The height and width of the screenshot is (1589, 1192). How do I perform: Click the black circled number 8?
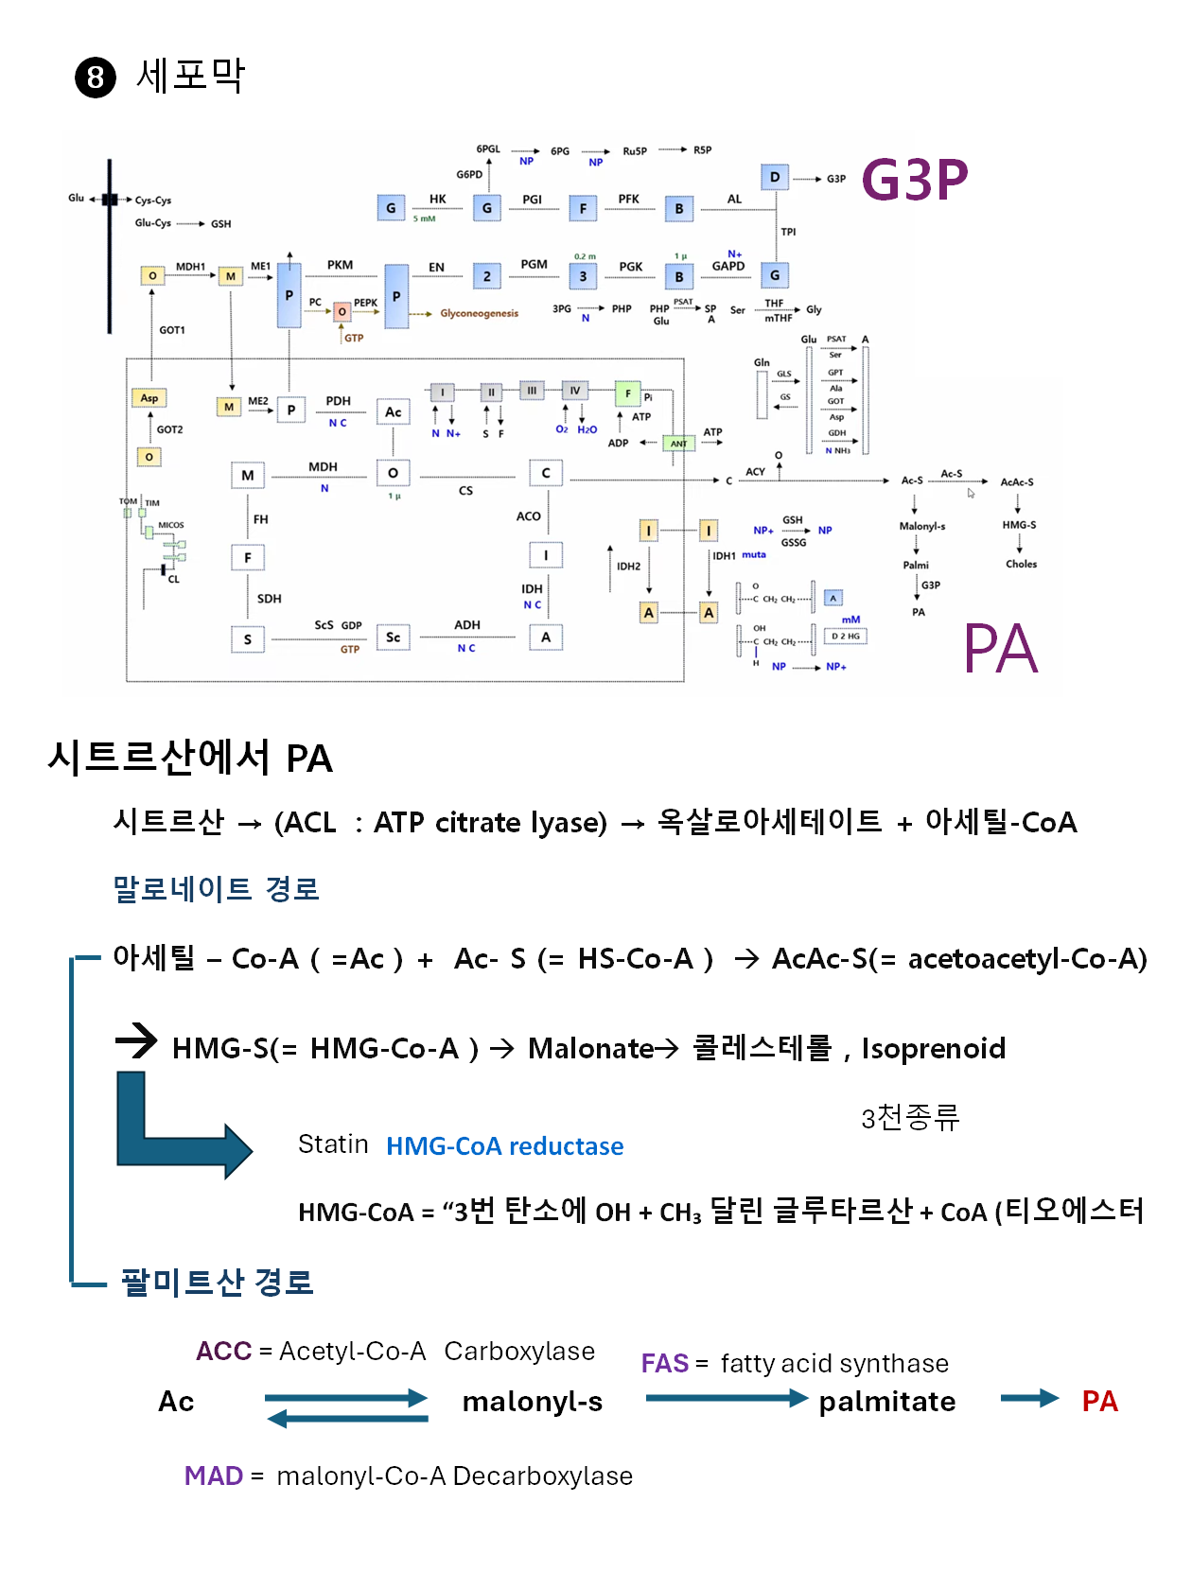coord(95,77)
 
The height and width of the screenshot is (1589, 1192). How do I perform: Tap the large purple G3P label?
coord(915,180)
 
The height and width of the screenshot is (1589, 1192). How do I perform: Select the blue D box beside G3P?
coord(775,177)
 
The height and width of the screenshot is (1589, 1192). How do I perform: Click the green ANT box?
coord(678,443)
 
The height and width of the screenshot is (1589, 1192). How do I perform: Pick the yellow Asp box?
coord(149,397)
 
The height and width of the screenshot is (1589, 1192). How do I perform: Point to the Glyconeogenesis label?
coord(479,313)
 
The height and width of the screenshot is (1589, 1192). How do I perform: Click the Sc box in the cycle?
coord(393,637)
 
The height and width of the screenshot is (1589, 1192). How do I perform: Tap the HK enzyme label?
coord(437,199)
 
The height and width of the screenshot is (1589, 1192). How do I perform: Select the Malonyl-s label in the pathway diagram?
coord(921,526)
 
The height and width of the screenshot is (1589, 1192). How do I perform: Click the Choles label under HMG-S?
coord(1021,564)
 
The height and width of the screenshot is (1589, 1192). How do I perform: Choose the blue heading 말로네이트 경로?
coord(216,889)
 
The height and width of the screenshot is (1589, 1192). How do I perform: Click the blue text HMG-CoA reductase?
coord(504,1146)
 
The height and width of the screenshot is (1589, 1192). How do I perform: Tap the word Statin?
coord(333,1144)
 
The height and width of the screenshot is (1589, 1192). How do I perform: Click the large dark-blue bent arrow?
coord(175,1130)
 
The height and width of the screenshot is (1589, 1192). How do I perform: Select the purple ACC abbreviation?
coord(223,1351)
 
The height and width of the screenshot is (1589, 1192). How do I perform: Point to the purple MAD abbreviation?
coord(214,1475)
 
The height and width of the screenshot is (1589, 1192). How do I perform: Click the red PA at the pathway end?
coord(1099,1401)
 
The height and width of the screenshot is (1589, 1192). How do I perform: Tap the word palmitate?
coord(886,1401)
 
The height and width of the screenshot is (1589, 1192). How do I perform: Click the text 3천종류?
coord(910,1117)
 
